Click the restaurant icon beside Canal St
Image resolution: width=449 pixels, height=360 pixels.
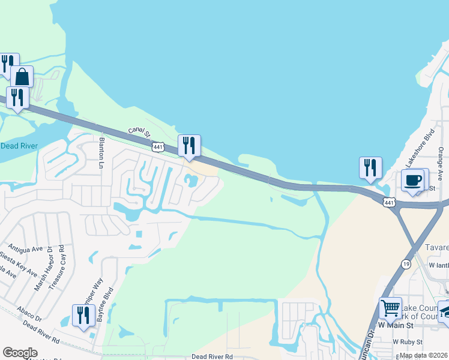[189, 146]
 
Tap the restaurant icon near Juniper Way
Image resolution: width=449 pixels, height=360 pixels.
[83, 315]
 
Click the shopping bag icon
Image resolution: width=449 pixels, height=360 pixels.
[22, 77]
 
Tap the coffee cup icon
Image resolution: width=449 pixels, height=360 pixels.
[412, 180]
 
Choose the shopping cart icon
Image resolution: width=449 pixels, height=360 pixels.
[390, 309]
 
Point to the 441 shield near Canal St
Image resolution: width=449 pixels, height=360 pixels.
[158, 146]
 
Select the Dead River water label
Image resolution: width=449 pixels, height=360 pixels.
[19, 146]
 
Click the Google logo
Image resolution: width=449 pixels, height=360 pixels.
[20, 353]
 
